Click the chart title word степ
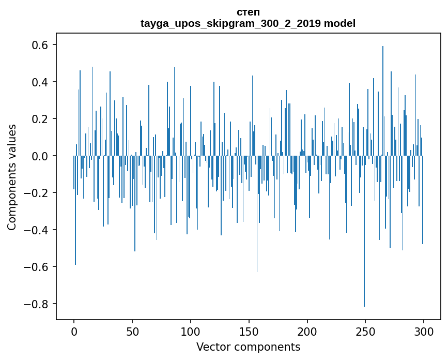coord(248,12)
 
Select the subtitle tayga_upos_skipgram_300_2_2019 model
coord(248,23)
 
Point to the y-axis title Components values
coord(11,177)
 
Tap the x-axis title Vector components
coord(248,347)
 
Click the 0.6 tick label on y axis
coord(37,45)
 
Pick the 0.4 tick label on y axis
coord(37,82)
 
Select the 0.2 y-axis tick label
coord(37,119)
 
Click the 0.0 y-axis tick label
coord(37,156)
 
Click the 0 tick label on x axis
coord(74,332)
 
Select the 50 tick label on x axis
coord(132,332)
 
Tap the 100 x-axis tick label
coord(191,332)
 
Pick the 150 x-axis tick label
coord(249,332)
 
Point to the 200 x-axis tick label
coord(307,332)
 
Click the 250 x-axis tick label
coord(366,332)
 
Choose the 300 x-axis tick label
coord(424,332)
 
